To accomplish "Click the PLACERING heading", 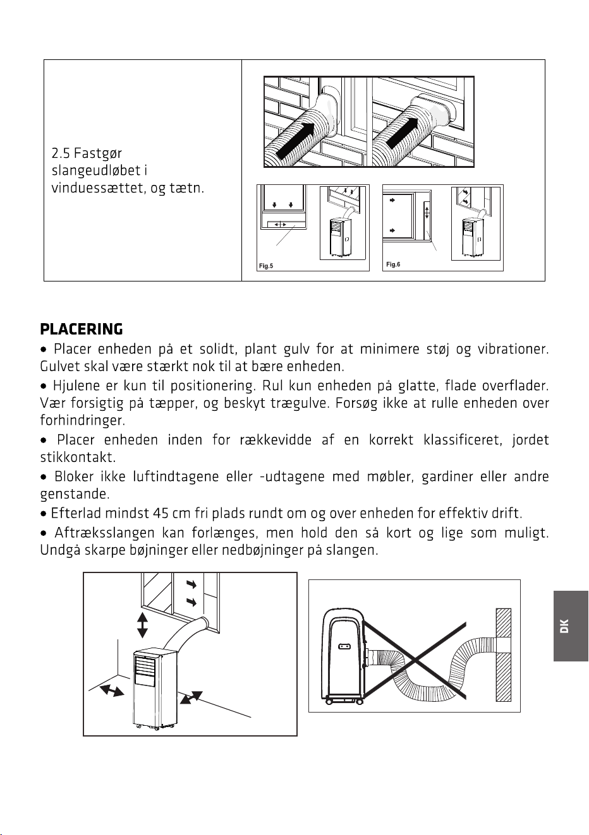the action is [82, 329].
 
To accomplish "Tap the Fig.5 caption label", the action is [266, 266].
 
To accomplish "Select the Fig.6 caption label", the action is [393, 264].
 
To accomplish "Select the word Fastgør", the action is [98, 154].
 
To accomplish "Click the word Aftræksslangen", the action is [104, 533].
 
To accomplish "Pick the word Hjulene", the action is [76, 386].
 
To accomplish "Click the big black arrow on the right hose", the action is [403, 133].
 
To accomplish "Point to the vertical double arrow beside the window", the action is [142, 625].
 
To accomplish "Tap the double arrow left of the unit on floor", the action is [112, 690].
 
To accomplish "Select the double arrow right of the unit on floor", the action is [191, 697].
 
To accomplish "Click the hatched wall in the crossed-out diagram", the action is [503, 654].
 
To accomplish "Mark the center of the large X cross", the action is [415, 660].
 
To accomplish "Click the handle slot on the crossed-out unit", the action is [344, 646].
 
